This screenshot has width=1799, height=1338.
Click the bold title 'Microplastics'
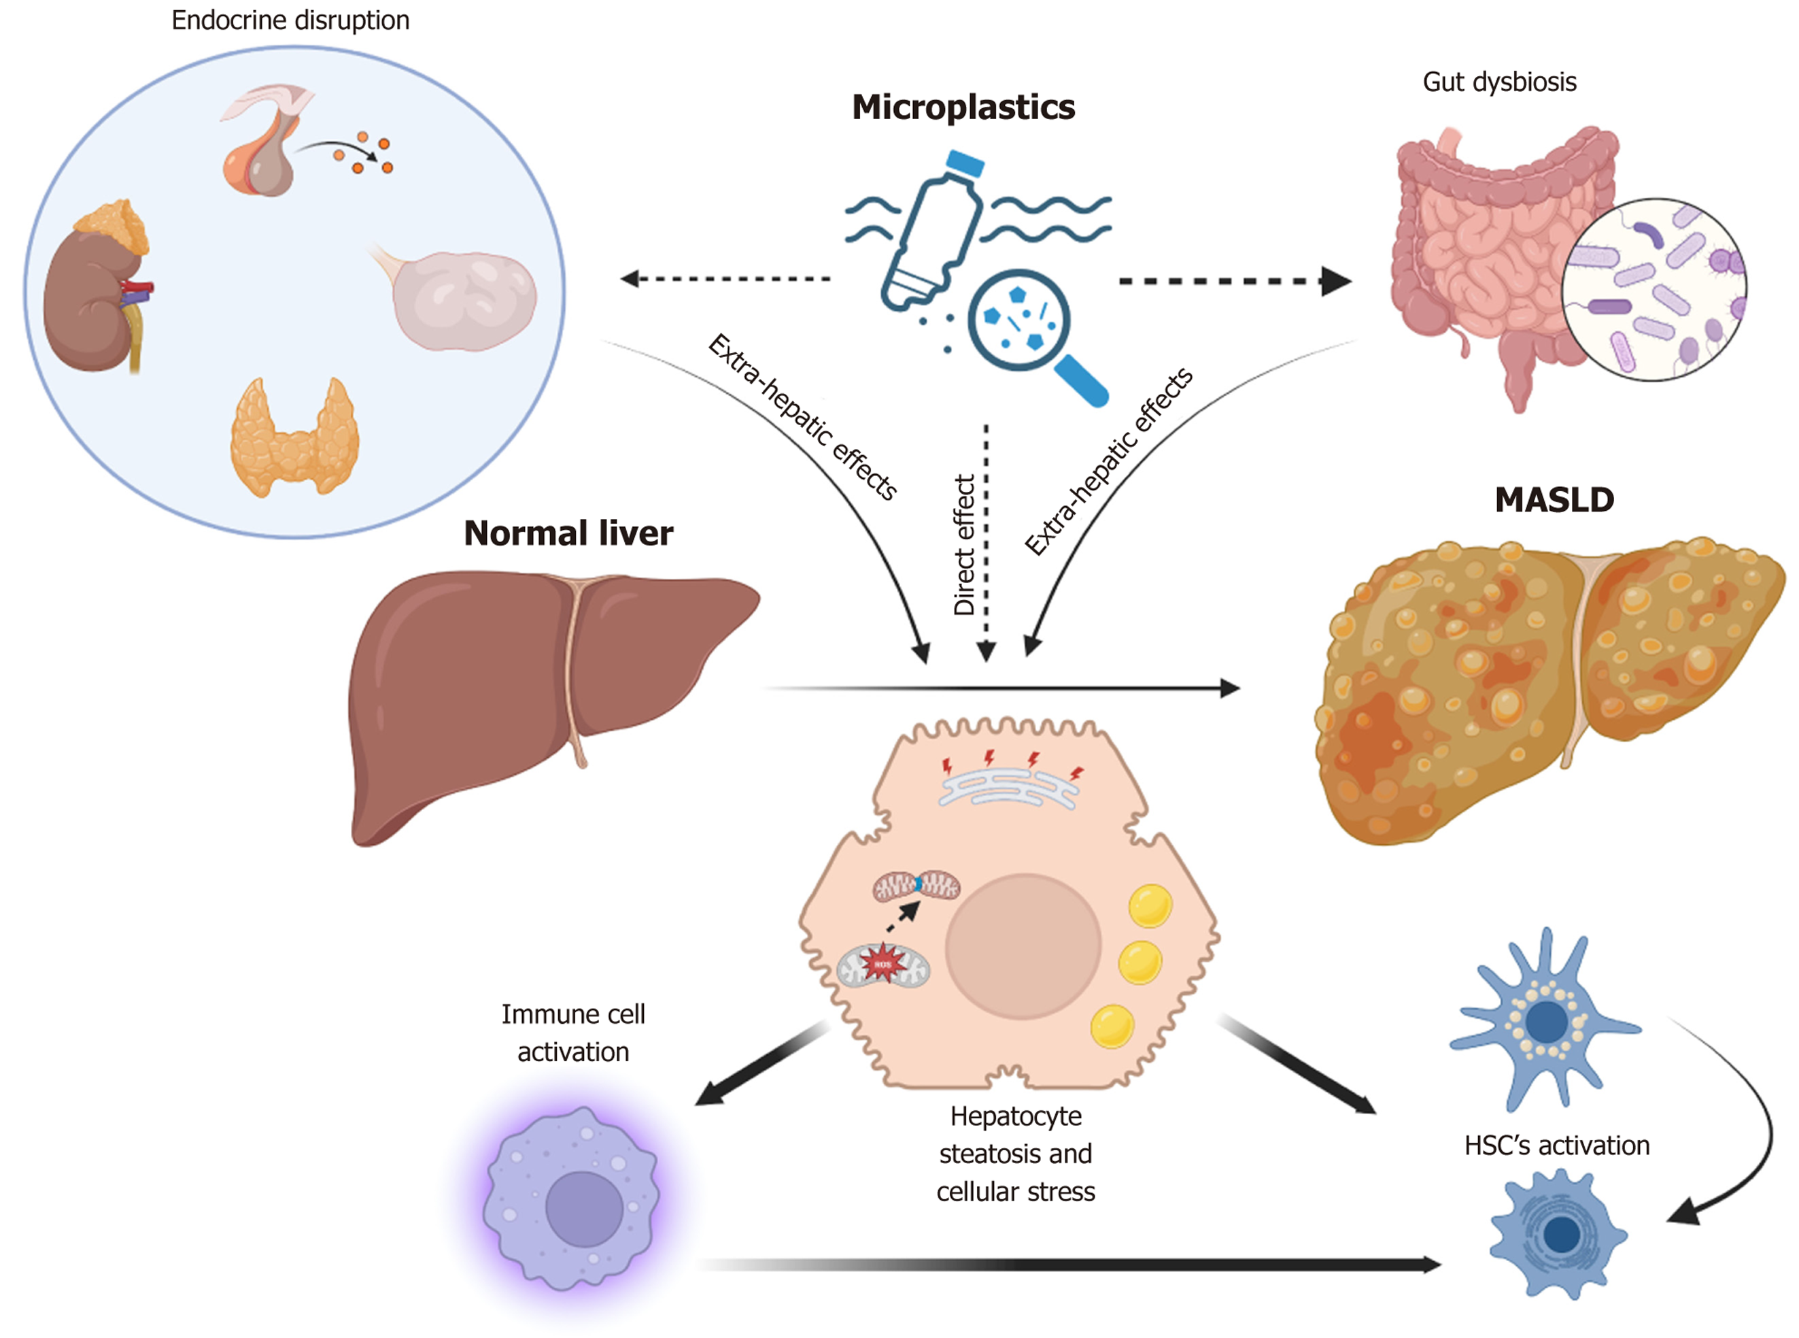pyautogui.click(x=963, y=107)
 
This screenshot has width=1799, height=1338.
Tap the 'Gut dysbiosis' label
pyautogui.click(x=1498, y=82)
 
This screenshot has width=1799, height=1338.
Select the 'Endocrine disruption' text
pyautogui.click(x=290, y=20)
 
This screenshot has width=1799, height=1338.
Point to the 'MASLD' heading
pyautogui.click(x=1554, y=500)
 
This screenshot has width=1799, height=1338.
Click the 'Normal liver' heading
pyautogui.click(x=568, y=533)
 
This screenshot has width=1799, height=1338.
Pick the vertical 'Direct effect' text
pyautogui.click(x=963, y=545)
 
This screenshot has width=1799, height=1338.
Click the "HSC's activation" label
pyautogui.click(x=1556, y=1145)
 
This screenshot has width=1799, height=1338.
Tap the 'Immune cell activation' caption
pyautogui.click(x=572, y=1033)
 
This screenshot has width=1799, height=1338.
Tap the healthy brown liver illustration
pyautogui.click(x=534, y=688)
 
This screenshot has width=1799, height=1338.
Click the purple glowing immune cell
pyautogui.click(x=572, y=1199)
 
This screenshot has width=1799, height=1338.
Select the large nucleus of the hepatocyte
pyautogui.click(x=1023, y=946)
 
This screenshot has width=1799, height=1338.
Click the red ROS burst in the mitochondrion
pyautogui.click(x=882, y=964)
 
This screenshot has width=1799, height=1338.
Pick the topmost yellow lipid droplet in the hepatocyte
pyautogui.click(x=1150, y=905)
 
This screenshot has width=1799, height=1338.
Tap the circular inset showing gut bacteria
pyautogui.click(x=1654, y=290)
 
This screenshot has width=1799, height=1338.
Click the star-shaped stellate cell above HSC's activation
pyautogui.click(x=1544, y=1020)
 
